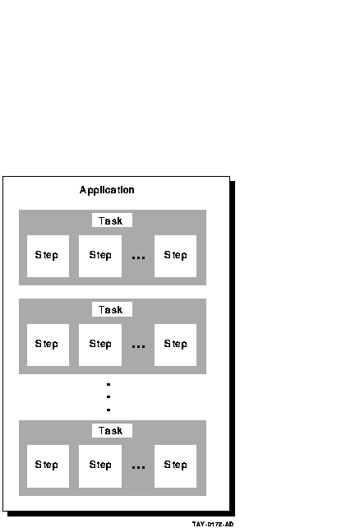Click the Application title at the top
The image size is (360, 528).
pyautogui.click(x=107, y=190)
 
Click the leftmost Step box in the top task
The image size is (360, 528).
pyautogui.click(x=48, y=257)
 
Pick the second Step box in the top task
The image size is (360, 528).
pyautogui.click(x=100, y=257)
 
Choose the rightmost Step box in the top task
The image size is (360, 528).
pyautogui.click(x=175, y=257)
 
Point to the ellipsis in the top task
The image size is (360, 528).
pyautogui.click(x=138, y=258)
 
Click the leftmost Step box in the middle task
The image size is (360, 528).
pyautogui.click(x=48, y=345)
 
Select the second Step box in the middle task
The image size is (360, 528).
pyautogui.click(x=100, y=345)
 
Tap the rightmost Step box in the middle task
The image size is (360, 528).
pyautogui.click(x=175, y=345)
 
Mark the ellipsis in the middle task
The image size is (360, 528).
pyautogui.click(x=138, y=346)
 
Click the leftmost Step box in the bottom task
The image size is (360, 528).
pyautogui.click(x=48, y=466)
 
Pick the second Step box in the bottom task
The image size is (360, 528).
pyautogui.click(x=100, y=466)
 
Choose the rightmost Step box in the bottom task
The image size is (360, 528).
pyautogui.click(x=175, y=466)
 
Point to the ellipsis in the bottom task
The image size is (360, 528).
pyautogui.click(x=138, y=468)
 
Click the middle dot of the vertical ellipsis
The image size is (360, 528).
pyautogui.click(x=108, y=396)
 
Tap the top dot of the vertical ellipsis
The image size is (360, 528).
pyautogui.click(x=108, y=384)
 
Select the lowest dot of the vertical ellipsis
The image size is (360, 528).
pyautogui.click(x=108, y=410)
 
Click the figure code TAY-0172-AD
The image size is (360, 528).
pyautogui.click(x=213, y=524)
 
